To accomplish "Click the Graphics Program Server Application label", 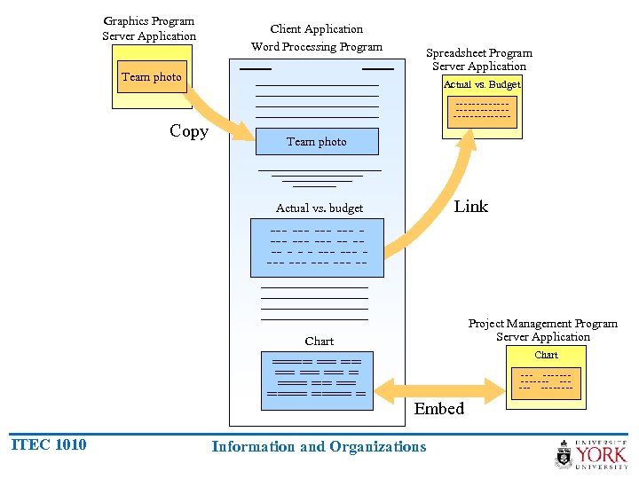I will (149, 28).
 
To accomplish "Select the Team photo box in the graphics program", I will (151, 77).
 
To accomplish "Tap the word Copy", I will (189, 131).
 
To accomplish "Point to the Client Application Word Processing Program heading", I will (317, 38).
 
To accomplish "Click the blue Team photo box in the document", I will (317, 141).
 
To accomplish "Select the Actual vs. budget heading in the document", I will (319, 208).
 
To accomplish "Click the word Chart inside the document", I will (319, 341).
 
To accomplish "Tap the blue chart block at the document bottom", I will (318, 380).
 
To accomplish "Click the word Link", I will (470, 207).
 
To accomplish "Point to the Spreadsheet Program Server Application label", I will (479, 59).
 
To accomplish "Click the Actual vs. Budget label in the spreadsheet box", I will (482, 84).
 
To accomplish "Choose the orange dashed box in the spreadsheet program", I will (482, 111).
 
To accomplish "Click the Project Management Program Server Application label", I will (543, 330).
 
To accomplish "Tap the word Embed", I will (439, 409).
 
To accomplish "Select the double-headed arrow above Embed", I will (439, 389).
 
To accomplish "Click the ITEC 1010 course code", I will (49, 444).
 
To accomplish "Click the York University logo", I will (591, 453).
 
